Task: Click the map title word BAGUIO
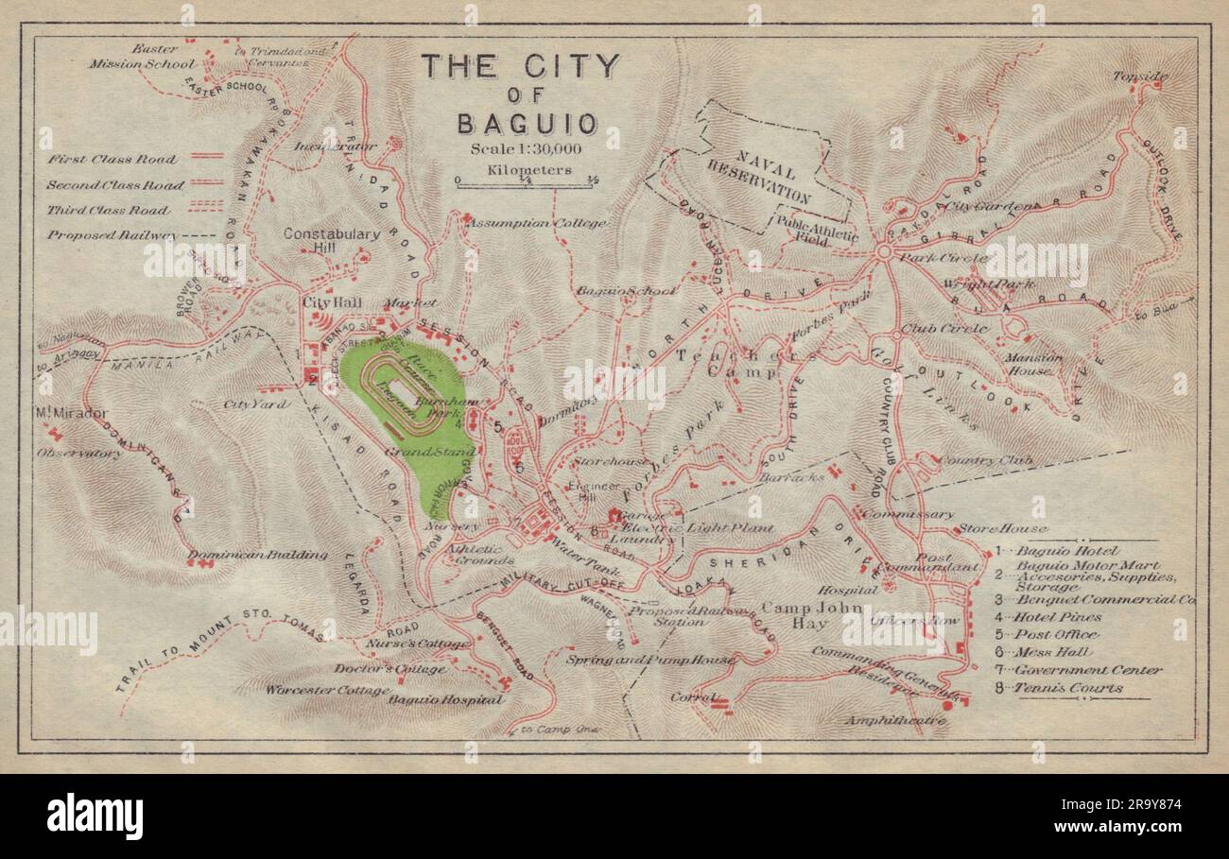click(x=527, y=124)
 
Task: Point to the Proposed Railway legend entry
click(x=112, y=235)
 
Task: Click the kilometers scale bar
click(x=525, y=181)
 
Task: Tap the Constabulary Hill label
click(x=331, y=240)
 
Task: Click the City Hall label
click(x=327, y=302)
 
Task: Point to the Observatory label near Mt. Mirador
click(x=79, y=454)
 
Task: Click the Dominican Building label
click(x=257, y=555)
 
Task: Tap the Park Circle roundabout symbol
click(x=884, y=252)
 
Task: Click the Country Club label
click(x=984, y=460)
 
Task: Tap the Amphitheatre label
click(x=897, y=720)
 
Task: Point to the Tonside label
click(x=1139, y=77)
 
